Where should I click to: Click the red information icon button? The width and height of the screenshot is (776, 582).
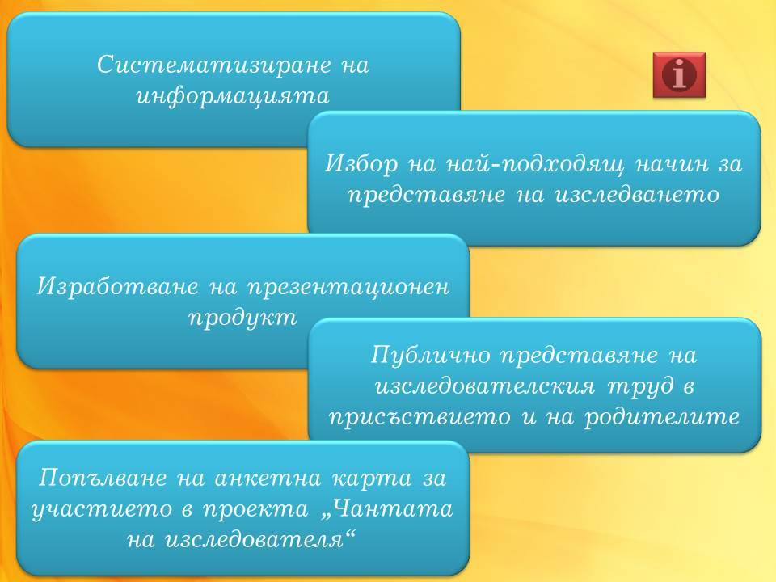tap(679, 74)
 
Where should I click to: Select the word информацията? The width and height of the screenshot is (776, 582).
tap(233, 95)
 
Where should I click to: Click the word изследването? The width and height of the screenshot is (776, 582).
tap(636, 195)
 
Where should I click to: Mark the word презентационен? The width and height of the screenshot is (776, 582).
tap(348, 287)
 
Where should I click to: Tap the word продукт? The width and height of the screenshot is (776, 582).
tap(242, 318)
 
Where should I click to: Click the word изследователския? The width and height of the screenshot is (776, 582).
tap(485, 386)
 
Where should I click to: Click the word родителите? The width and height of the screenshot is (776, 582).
tap(662, 417)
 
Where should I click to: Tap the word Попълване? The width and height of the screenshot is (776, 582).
tap(102, 478)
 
